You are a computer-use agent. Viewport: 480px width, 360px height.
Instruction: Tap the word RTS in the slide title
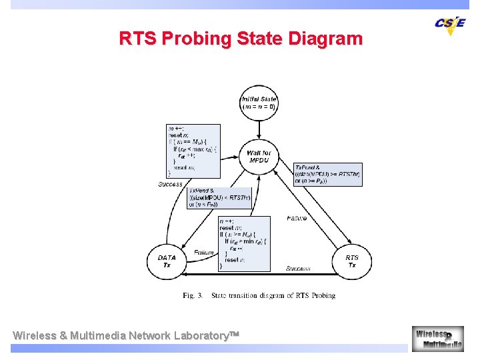[137, 38]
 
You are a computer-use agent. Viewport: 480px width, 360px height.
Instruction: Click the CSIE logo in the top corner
[450, 23]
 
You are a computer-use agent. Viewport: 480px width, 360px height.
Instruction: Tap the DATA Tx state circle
[167, 261]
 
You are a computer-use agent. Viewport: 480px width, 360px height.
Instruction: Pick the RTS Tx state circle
[351, 261]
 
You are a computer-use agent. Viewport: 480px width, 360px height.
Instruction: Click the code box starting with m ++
[193, 151]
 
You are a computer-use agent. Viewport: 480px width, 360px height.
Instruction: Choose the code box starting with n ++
[245, 243]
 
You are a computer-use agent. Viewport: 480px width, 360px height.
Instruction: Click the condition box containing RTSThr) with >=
[327, 174]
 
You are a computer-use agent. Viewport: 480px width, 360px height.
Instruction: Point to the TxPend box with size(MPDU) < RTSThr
[219, 198]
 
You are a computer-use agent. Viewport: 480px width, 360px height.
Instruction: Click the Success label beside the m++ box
[170, 184]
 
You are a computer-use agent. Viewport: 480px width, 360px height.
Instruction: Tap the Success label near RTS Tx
[298, 269]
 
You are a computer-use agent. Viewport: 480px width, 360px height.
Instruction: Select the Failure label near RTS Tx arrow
[297, 219]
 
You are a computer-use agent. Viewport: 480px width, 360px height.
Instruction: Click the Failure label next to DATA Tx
[203, 253]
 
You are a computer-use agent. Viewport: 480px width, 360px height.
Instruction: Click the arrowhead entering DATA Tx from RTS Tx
[186, 273]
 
